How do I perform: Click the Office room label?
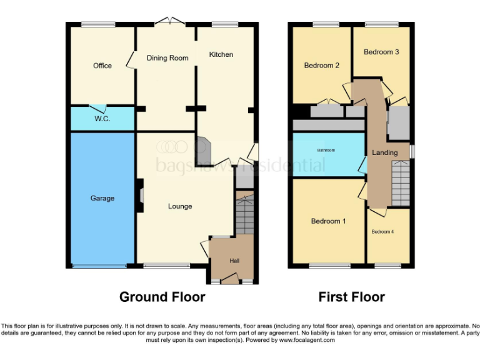pos(102,66)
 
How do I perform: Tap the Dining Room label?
pos(167,58)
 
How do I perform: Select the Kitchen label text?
pos(221,54)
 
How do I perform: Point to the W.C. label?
pos(102,119)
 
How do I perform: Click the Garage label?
pos(102,198)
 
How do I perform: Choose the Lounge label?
pos(180,206)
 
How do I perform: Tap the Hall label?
pos(234,261)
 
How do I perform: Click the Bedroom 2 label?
pos(322,65)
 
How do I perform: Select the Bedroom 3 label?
pos(381,52)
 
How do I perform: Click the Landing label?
pos(385,152)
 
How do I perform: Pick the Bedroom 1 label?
pos(329,221)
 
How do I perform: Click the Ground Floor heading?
pos(162,297)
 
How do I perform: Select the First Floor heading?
pos(351,297)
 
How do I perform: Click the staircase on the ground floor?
pos(245,216)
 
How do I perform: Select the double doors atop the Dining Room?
pos(171,22)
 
